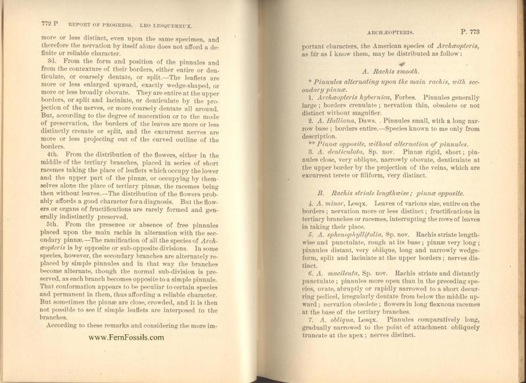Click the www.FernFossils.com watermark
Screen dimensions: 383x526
126,338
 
